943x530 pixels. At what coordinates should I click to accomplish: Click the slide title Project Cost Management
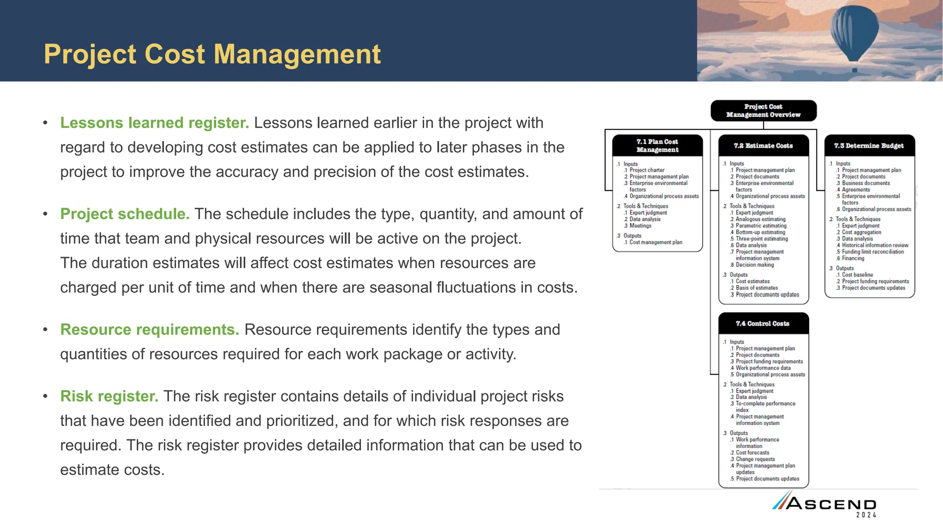[212, 54]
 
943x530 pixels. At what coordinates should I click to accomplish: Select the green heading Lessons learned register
[154, 123]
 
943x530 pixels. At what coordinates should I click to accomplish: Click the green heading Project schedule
[125, 214]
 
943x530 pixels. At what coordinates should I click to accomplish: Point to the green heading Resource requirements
[150, 329]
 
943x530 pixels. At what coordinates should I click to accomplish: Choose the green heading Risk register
[109, 396]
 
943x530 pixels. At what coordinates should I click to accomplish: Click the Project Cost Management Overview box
[763, 111]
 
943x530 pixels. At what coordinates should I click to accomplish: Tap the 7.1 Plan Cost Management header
[657, 145]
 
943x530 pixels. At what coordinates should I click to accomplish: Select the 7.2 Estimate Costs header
[763, 145]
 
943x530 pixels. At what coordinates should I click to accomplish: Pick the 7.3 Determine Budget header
[869, 145]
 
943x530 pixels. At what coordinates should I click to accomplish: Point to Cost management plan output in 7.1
[656, 242]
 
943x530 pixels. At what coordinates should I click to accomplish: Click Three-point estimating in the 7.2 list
[762, 239]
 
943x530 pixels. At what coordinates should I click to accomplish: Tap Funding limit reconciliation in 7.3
[873, 252]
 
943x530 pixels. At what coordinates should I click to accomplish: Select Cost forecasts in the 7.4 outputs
[752, 453]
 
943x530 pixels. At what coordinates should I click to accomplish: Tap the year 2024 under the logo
[866, 515]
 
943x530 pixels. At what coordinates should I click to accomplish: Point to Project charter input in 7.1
[647, 170]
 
